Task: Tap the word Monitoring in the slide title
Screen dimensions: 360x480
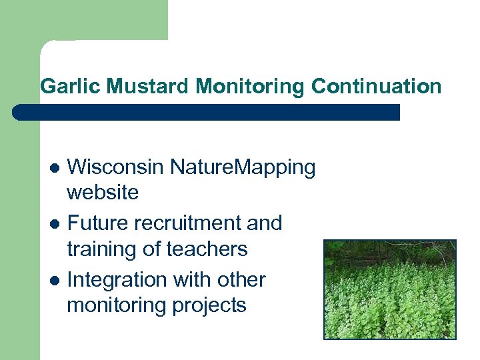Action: pyautogui.click(x=251, y=87)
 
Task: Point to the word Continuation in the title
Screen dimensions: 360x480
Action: pyautogui.click(x=376, y=87)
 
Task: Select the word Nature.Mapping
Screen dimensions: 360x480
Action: pyautogui.click(x=243, y=167)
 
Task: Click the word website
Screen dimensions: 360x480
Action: pyautogui.click(x=103, y=193)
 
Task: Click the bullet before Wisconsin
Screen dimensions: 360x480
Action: pyautogui.click(x=56, y=167)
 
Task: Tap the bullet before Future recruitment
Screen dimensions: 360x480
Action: pyautogui.click(x=56, y=223)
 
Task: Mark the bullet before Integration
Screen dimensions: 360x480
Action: pyautogui.click(x=56, y=280)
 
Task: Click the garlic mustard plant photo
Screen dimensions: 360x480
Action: pyautogui.click(x=390, y=289)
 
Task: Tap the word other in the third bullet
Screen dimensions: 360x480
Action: pyautogui.click(x=242, y=279)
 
